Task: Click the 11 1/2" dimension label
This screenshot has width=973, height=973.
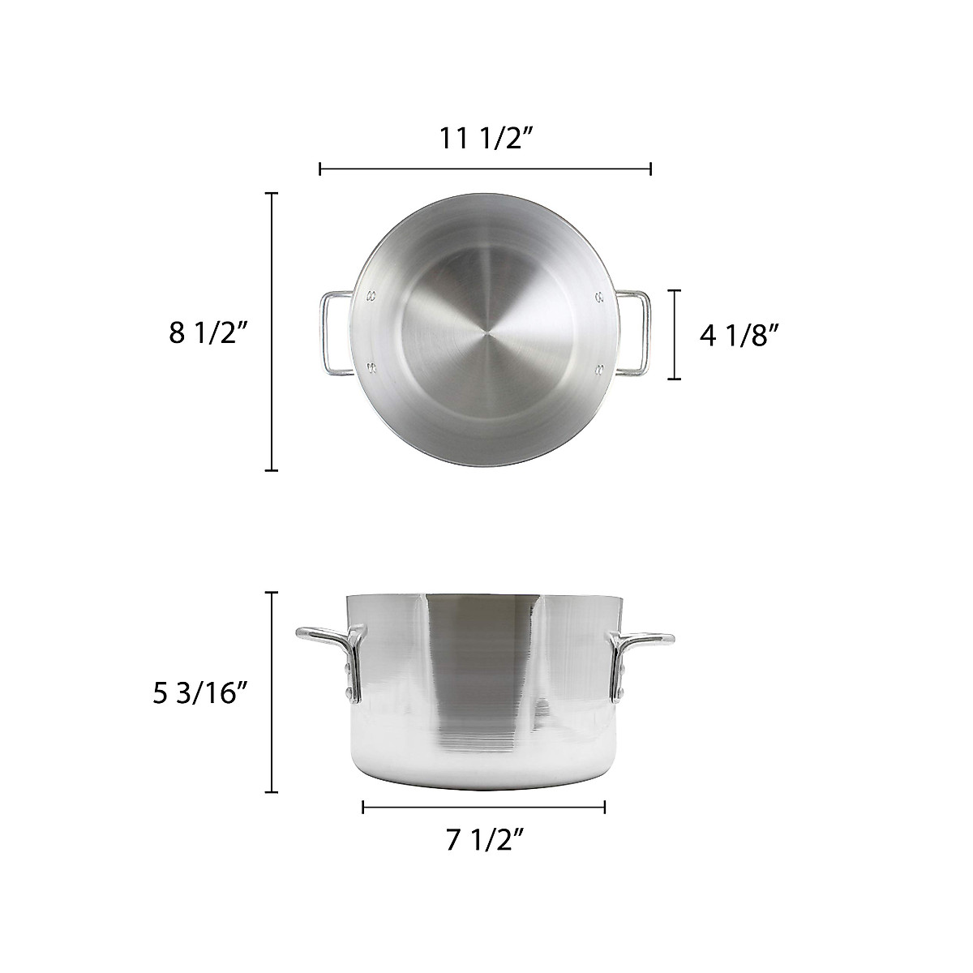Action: tap(486, 138)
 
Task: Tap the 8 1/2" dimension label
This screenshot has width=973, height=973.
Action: tap(207, 332)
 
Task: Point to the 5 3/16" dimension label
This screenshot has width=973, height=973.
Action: tap(199, 694)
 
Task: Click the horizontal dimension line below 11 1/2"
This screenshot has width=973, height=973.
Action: tap(486, 169)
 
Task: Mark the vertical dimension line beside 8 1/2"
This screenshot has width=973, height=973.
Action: tap(272, 332)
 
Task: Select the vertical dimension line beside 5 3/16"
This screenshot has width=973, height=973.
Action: tap(272, 692)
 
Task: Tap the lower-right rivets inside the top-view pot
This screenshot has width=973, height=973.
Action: tap(600, 370)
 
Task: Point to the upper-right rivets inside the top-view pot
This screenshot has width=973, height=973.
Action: tap(600, 295)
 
